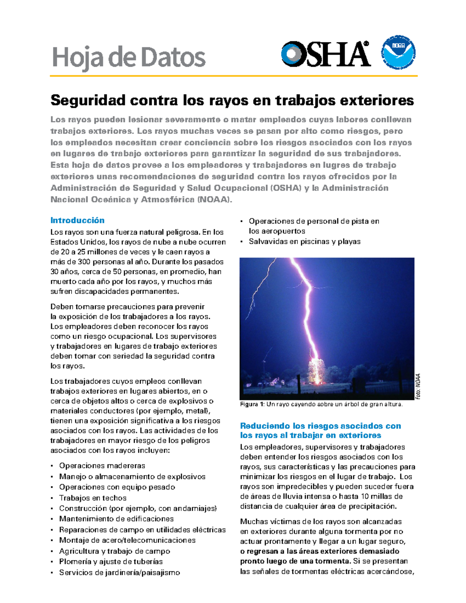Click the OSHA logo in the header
tap(325, 54)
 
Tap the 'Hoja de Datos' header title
tap(129, 57)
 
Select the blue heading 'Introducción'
tap(77, 220)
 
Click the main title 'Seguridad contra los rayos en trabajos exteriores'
tap(232, 100)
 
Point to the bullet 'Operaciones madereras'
tap(102, 466)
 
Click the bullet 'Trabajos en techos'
tap(92, 498)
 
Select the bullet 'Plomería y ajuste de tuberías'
tap(111, 561)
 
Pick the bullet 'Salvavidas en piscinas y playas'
tap(304, 242)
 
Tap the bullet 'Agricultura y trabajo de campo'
tap(114, 551)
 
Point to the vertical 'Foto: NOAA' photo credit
tap(418, 386)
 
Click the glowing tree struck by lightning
tap(317, 371)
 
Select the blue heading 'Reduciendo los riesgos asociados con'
tap(320, 426)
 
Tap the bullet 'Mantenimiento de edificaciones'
tap(116, 519)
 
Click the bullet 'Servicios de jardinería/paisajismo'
tap(119, 572)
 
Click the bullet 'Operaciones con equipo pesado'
tap(117, 487)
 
